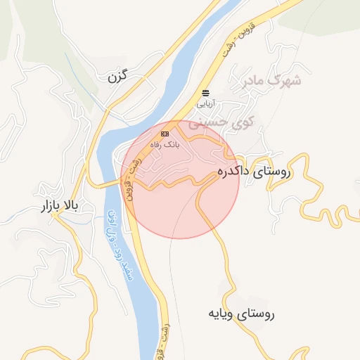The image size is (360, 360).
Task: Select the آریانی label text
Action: (x=204, y=103)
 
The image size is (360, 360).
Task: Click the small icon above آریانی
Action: (x=205, y=93)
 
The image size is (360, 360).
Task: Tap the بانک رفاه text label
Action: (x=167, y=143)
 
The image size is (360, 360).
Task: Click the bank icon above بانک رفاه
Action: (x=165, y=133)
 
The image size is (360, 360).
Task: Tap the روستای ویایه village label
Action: (x=241, y=314)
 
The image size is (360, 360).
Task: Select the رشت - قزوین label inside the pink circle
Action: (x=132, y=179)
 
